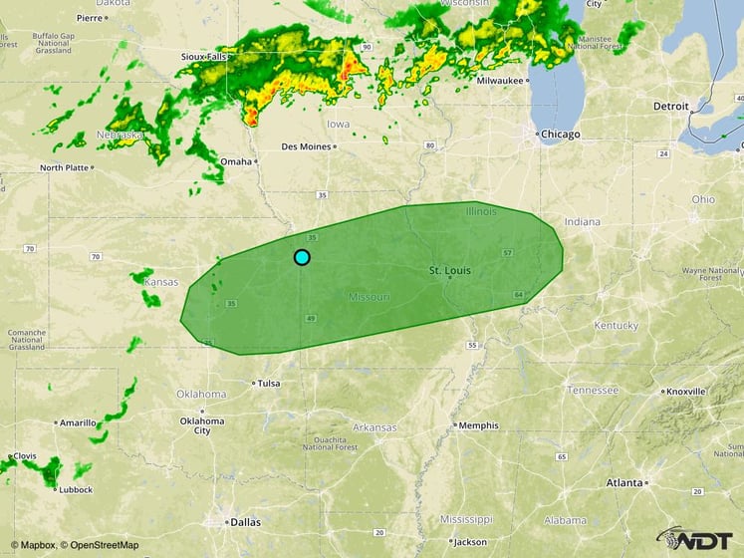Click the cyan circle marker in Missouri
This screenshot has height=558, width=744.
pyautogui.click(x=302, y=257)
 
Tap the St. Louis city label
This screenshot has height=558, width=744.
pyautogui.click(x=449, y=271)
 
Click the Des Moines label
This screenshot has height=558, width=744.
pyautogui.click(x=305, y=146)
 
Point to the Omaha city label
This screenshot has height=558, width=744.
pyautogui.click(x=236, y=161)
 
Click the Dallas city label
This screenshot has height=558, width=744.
pyautogui.click(x=244, y=520)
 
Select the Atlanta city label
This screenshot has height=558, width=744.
pyautogui.click(x=624, y=482)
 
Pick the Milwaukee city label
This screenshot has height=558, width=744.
pyautogui.click(x=500, y=80)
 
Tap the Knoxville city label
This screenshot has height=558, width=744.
pyautogui.click(x=688, y=392)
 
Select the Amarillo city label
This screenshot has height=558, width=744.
pyautogui.click(x=77, y=422)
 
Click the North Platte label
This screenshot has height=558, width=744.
pyautogui.click(x=66, y=167)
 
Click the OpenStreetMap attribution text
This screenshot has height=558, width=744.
pyautogui.click(x=99, y=545)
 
